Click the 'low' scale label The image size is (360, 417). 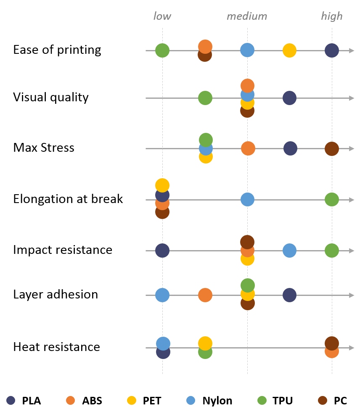click(162, 16)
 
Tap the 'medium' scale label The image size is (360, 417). click(246, 16)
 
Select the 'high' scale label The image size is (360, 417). click(331, 16)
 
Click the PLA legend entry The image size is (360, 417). click(24, 401)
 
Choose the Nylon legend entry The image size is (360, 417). click(209, 401)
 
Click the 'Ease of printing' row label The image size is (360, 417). click(57, 50)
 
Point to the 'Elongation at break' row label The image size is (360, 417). click(68, 199)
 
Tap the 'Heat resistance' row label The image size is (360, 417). click(57, 347)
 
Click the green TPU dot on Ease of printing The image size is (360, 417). click(162, 50)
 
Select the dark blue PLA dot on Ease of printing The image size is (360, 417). click(332, 50)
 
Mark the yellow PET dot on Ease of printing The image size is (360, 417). click(289, 50)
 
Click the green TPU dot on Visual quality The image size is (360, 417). click(205, 98)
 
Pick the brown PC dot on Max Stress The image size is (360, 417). click(332, 148)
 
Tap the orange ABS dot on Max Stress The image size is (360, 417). click(248, 148)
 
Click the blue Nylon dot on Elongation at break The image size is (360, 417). click(247, 199)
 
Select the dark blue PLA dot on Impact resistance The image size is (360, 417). click(162, 251)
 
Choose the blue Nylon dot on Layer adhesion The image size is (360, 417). click(162, 295)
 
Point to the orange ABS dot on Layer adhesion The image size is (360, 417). click(205, 295)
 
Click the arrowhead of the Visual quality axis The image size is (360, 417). click(352, 98)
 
